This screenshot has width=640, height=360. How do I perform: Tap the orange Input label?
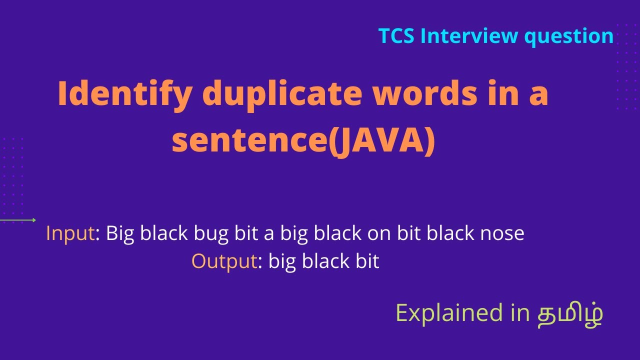click(70, 233)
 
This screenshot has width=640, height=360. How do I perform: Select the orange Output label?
click(224, 261)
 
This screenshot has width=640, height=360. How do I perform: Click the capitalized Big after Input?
click(120, 233)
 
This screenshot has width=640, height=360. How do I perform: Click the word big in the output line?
click(282, 261)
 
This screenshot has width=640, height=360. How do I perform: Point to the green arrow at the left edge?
click(18, 220)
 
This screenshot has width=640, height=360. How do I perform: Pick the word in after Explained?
click(519, 313)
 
